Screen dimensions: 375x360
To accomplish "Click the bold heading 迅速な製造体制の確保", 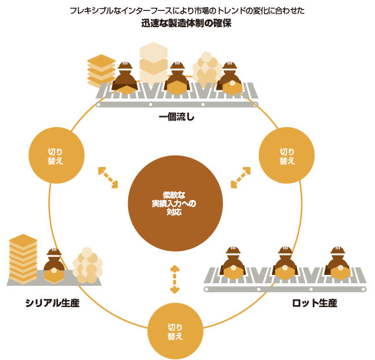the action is tap(186, 23).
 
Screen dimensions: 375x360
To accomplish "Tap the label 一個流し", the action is tap(177, 117).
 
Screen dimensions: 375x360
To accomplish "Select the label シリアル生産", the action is tap(52, 303).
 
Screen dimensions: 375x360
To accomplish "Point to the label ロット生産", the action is tap(314, 303).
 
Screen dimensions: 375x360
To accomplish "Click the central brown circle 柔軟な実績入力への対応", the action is tap(175, 203).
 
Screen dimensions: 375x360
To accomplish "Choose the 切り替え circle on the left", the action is tap(57, 155).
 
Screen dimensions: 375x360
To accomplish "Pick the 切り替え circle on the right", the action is tap(287, 155).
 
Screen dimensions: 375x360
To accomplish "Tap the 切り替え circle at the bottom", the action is tap(175, 331).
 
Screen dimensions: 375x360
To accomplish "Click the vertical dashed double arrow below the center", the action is tap(175, 279).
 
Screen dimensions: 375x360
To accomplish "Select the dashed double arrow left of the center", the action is tap(108, 177).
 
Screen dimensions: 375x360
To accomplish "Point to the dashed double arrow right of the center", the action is tap(240, 177).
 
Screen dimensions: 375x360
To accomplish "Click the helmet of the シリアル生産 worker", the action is tap(54, 252).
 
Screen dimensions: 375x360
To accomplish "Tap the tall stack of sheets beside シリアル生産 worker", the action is tap(23, 259).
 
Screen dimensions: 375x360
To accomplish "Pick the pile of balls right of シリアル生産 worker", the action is tap(88, 265).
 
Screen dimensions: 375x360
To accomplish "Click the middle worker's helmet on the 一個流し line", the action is tap(177, 65).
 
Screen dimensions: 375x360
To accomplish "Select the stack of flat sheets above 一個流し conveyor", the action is tap(101, 71).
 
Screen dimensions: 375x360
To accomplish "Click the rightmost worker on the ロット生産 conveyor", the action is tap(338, 263).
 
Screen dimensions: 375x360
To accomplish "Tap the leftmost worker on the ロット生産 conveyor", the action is tap(233, 263).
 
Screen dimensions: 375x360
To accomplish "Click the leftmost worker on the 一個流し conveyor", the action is tap(125, 78).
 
